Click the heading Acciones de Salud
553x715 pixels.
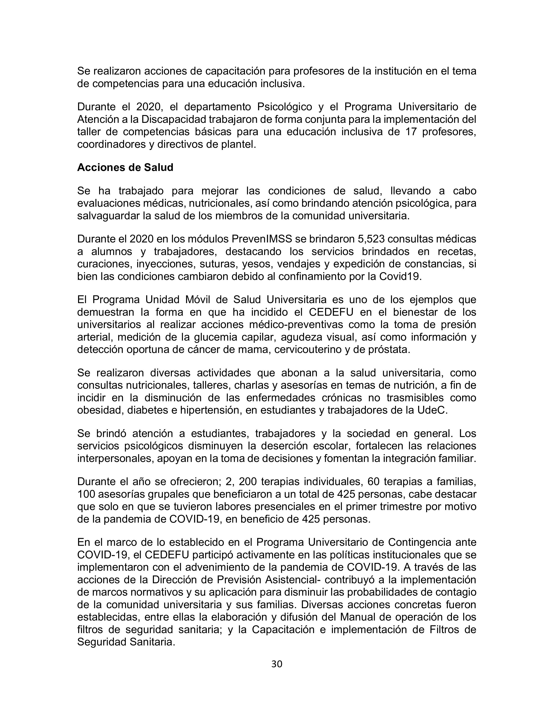point(125,167)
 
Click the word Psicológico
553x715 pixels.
point(284,107)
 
